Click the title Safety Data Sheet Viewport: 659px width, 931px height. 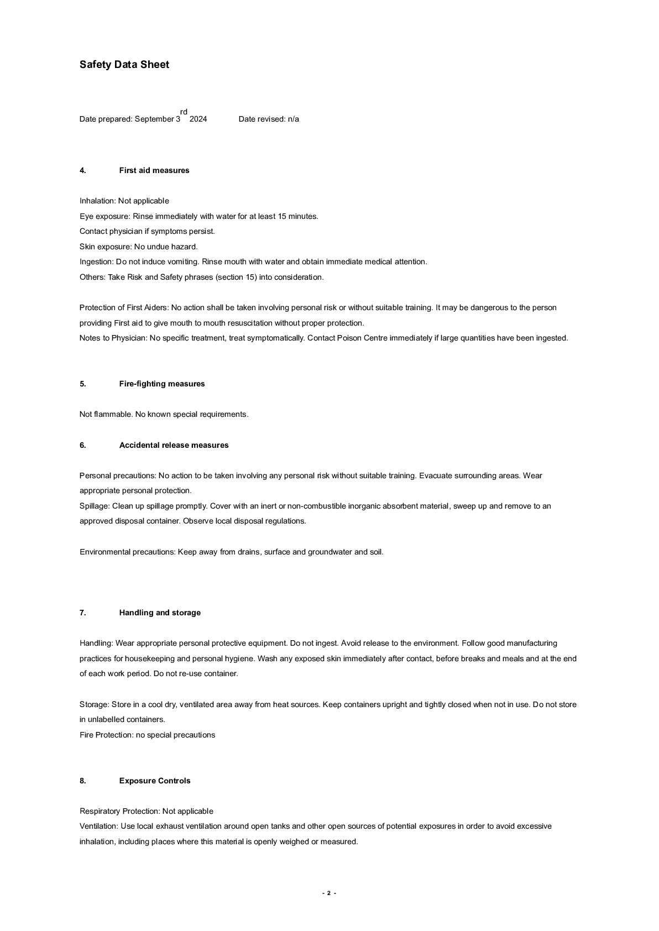(124, 65)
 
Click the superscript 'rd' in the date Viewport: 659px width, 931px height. (184, 112)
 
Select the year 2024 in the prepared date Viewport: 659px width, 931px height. (198, 119)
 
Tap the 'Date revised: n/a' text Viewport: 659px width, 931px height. (269, 119)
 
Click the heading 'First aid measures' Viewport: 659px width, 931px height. (154, 170)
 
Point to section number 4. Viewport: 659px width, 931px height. (83, 170)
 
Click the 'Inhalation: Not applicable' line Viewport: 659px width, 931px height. (124, 201)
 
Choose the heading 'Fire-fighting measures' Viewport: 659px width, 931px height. (162, 384)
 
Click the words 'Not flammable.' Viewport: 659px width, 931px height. (106, 414)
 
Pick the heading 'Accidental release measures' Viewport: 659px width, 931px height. (174, 445)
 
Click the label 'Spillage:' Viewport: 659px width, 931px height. (95, 506)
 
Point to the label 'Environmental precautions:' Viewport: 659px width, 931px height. (128, 552)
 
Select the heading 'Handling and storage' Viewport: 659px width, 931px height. (160, 613)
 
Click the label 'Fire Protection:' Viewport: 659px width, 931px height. (107, 735)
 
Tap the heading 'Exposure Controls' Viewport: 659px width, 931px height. (155, 781)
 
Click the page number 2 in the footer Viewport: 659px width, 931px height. (328, 893)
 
